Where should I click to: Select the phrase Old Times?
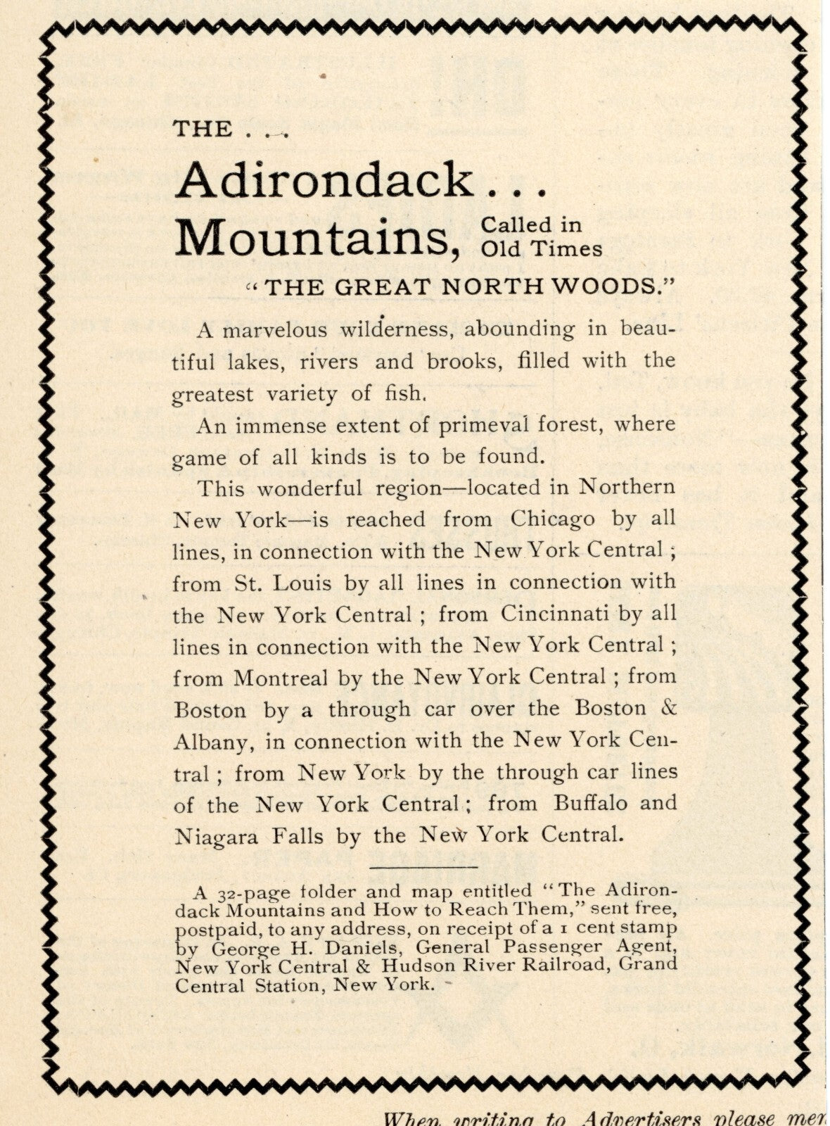(x=542, y=249)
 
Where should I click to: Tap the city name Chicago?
(x=552, y=519)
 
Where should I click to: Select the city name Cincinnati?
(x=555, y=614)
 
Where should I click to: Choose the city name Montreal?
(x=281, y=678)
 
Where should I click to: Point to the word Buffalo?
(x=592, y=803)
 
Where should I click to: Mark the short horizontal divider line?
(x=423, y=866)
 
